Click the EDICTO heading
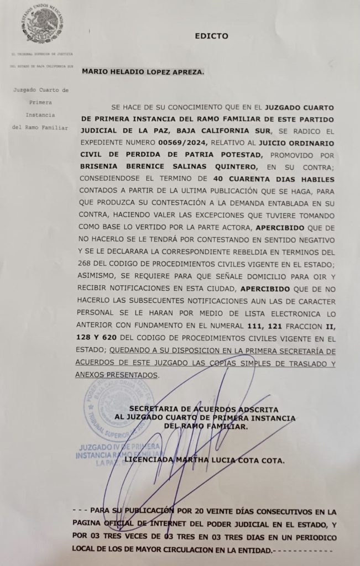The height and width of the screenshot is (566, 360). pos(211,36)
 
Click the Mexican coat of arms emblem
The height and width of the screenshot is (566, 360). pos(40,24)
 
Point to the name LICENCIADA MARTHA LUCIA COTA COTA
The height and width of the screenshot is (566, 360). pos(205,460)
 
